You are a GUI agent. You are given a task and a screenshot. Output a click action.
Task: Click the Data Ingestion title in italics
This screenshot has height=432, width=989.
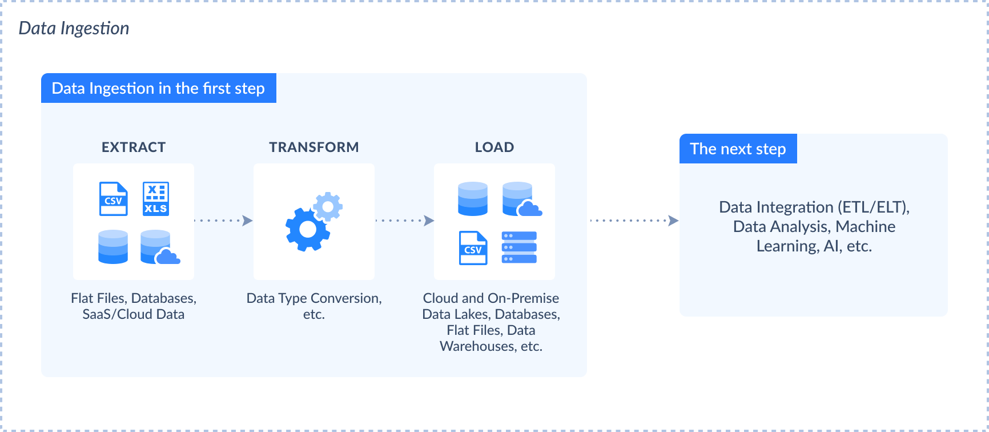click(74, 28)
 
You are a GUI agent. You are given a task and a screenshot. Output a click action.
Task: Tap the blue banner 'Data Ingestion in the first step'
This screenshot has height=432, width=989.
click(158, 88)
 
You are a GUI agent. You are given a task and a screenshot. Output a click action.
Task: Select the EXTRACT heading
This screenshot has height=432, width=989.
click(134, 147)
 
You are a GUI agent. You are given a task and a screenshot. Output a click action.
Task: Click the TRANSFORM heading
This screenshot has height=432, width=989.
click(314, 147)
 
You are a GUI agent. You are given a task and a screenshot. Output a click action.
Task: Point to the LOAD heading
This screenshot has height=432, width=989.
click(494, 147)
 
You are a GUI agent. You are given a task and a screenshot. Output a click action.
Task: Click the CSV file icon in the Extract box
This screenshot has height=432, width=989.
click(114, 199)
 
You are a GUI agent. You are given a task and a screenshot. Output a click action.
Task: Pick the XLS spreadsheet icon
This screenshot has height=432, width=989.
click(156, 199)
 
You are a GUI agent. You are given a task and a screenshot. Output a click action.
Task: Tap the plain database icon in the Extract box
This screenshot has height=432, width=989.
click(113, 247)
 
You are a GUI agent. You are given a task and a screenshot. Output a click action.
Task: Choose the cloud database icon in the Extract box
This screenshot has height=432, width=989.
click(159, 247)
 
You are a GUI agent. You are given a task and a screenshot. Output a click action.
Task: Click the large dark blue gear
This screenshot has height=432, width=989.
click(307, 229)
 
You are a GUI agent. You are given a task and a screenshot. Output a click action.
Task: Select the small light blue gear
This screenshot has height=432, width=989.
click(328, 206)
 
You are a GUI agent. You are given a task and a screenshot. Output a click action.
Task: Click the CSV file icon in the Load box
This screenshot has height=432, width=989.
click(473, 247)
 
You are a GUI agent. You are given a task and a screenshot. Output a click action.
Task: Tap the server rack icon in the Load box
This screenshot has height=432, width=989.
click(519, 247)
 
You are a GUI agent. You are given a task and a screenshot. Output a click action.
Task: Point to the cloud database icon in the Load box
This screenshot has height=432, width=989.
click(521, 199)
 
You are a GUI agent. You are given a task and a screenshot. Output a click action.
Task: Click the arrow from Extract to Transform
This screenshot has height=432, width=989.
click(223, 221)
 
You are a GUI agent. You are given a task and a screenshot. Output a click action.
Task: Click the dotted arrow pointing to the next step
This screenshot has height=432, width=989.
click(634, 221)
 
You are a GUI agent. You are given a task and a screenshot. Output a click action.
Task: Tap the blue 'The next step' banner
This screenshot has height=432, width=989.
click(738, 149)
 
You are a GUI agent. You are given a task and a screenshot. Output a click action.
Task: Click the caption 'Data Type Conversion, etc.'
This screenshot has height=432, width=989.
click(314, 306)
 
